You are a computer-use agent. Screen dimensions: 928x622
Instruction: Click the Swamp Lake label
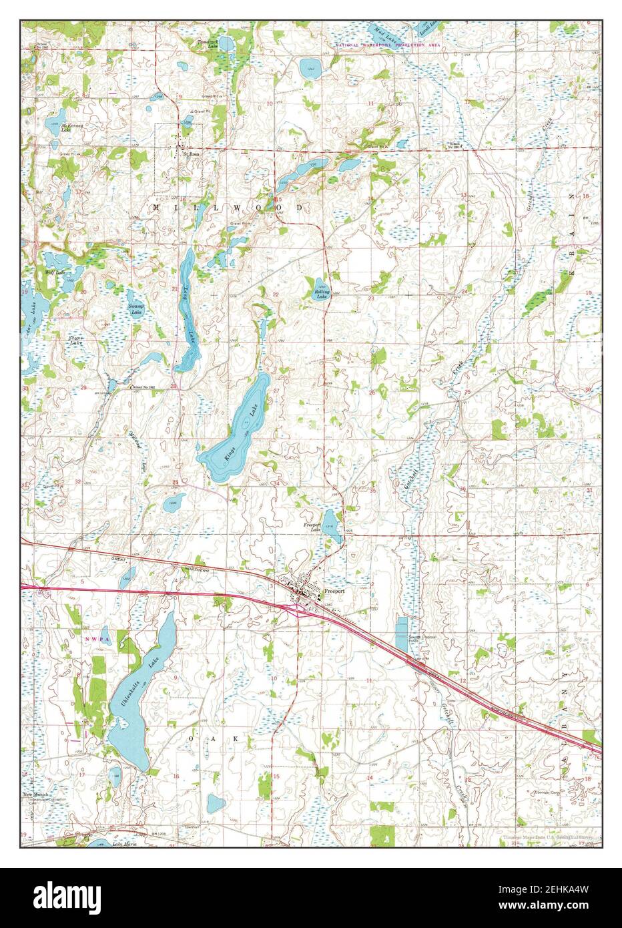[x=135, y=310]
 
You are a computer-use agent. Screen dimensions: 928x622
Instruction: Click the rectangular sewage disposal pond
[x=401, y=634]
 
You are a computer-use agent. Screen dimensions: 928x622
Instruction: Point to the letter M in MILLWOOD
[x=157, y=208]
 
